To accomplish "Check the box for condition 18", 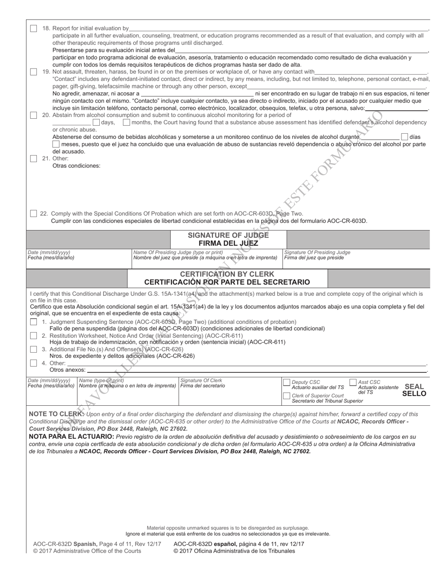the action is tap(34, 28).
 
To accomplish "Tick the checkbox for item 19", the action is tap(34, 72).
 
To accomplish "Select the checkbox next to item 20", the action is tap(34, 115).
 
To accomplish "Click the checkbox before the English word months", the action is tap(126, 123).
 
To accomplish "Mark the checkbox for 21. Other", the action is tap(34, 158).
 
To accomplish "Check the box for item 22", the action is tap(34, 213).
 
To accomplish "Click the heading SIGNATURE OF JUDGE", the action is tap(228, 235).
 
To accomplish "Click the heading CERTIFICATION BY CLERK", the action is tap(227, 274).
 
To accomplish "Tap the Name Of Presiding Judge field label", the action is tap(178, 252).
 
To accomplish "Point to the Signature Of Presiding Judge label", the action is tap(317, 252).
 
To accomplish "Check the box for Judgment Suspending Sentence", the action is tap(34, 322).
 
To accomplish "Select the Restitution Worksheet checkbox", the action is tap(34, 335).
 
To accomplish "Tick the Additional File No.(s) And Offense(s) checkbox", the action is tap(34, 349).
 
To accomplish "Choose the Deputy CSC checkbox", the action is tap(287, 382).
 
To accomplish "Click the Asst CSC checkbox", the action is tap(353, 382).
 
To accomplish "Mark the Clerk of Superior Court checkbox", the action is tap(287, 396).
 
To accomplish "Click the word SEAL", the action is tap(414, 387).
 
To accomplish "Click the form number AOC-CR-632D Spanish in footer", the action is tap(65, 544).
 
